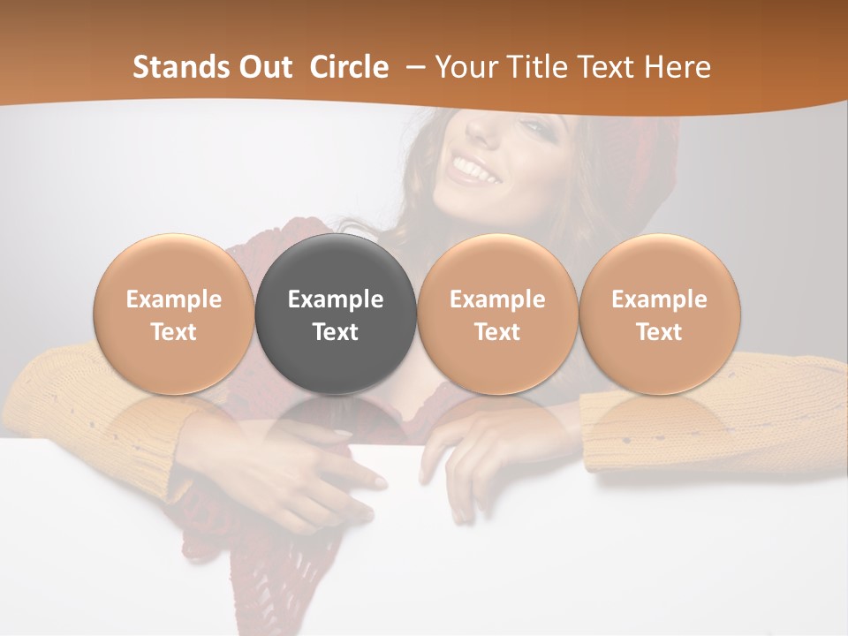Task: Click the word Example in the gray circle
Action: pyautogui.click(x=336, y=299)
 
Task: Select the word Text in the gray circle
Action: pyautogui.click(x=336, y=332)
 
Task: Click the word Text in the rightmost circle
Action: pyautogui.click(x=660, y=332)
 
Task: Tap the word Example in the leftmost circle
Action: pyautogui.click(x=174, y=299)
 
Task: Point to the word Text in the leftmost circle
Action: pyautogui.click(x=174, y=332)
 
